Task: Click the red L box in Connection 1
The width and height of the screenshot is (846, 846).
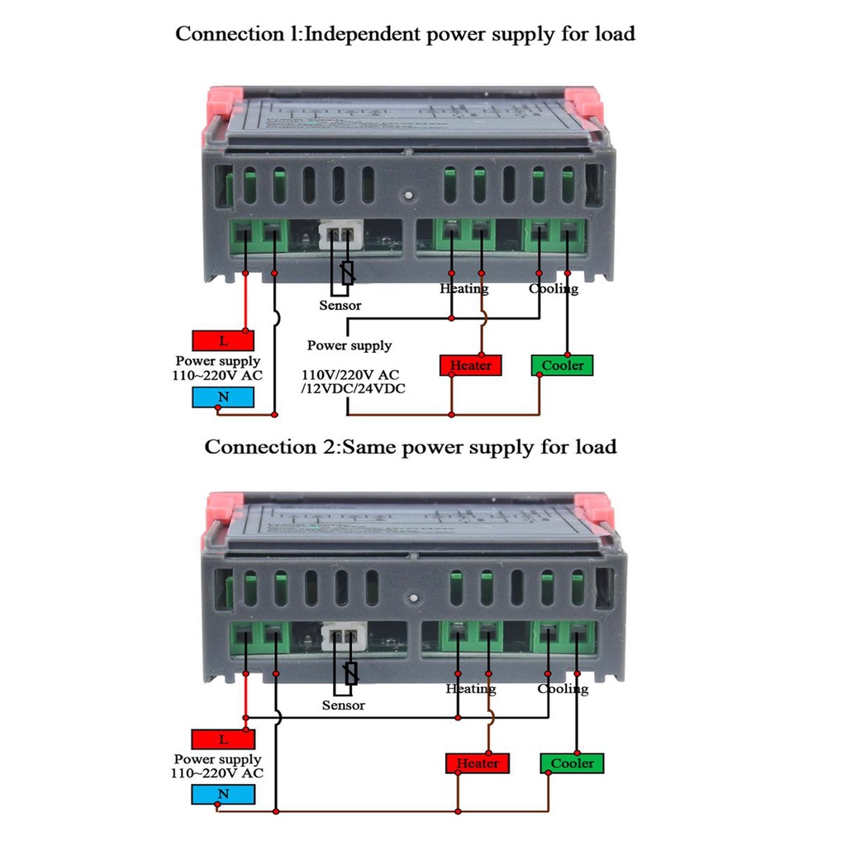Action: click(x=223, y=340)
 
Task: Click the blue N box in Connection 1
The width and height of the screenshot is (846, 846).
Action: click(x=223, y=397)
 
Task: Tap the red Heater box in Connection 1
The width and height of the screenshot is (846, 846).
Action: click(x=471, y=365)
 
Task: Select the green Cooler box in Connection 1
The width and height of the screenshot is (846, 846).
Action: click(x=562, y=365)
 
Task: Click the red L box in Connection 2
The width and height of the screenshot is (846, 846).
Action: click(x=221, y=739)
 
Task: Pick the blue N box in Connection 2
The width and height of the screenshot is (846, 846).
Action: click(x=221, y=796)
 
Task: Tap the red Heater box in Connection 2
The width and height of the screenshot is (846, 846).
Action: click(x=478, y=763)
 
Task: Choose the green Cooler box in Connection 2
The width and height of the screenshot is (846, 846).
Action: click(x=572, y=763)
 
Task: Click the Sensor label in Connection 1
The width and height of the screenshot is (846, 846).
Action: click(x=340, y=306)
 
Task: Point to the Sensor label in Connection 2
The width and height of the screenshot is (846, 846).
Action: click(x=343, y=706)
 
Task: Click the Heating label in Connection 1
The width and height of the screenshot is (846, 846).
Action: click(x=463, y=288)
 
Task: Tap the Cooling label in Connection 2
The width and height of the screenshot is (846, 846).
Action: click(x=563, y=688)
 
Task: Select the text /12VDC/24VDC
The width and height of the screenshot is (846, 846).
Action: click(x=354, y=389)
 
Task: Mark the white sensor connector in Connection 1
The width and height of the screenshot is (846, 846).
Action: click(x=340, y=235)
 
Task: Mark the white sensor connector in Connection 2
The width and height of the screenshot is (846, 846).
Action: click(x=342, y=636)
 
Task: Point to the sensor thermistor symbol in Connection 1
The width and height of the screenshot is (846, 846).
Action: click(x=348, y=273)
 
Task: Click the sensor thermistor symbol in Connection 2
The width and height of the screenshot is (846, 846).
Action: click(x=351, y=673)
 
